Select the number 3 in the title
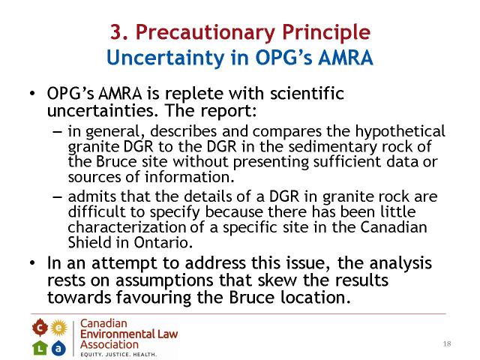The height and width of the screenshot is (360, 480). (x=116, y=31)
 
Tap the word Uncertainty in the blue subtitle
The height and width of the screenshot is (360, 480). (x=166, y=58)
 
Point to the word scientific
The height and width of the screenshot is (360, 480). (x=307, y=93)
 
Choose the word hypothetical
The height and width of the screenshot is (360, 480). (x=400, y=132)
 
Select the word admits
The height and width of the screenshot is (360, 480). (x=92, y=196)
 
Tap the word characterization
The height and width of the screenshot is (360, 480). (x=127, y=227)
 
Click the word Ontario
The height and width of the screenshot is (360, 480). (x=163, y=242)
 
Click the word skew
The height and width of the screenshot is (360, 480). (x=277, y=280)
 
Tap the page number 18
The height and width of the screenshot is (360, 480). (x=447, y=343)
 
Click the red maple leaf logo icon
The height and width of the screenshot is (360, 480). (x=40, y=328)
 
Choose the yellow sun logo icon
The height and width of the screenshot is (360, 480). (x=58, y=328)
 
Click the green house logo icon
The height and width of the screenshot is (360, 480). (x=40, y=348)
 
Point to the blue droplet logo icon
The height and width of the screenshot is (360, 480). (x=58, y=348)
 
